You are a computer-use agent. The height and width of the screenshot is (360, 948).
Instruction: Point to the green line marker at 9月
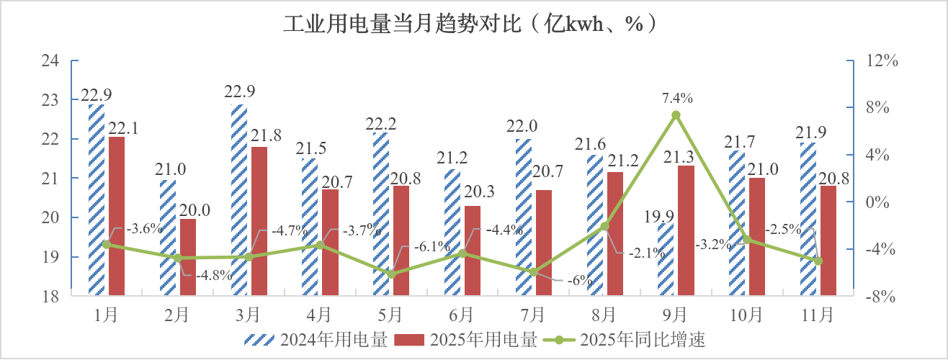pos(676,115)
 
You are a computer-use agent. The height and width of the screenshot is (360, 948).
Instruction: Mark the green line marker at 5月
pos(391,274)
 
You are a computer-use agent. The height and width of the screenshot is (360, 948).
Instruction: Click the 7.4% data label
pos(676,98)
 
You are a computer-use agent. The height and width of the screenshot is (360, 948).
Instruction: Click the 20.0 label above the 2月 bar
pos(195,210)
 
